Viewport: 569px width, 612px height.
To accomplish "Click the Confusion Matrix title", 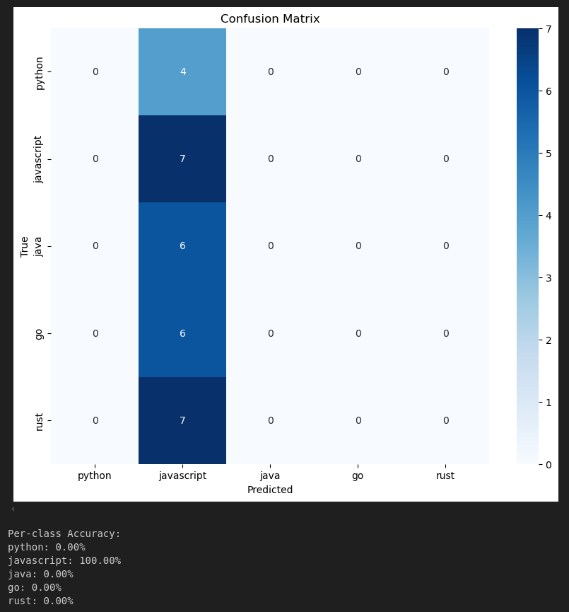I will pyautogui.click(x=270, y=19).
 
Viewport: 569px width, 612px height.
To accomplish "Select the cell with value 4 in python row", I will pyautogui.click(x=182, y=71).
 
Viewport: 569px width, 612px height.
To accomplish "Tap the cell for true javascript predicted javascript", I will pyautogui.click(x=182, y=158).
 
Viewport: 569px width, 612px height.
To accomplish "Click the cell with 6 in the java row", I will pyautogui.click(x=182, y=246).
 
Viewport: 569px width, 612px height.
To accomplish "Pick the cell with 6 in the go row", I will pyautogui.click(x=182, y=333).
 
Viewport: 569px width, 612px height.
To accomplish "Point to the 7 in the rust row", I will pyautogui.click(x=182, y=420).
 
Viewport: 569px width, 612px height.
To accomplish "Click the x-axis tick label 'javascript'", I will pyautogui.click(x=182, y=475).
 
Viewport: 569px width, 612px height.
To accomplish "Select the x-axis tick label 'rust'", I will pyautogui.click(x=445, y=475).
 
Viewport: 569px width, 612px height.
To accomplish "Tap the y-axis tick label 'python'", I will pyautogui.click(x=40, y=72).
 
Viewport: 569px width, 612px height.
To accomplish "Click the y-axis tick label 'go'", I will pyautogui.click(x=40, y=333).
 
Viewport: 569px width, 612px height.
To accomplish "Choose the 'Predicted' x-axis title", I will pyautogui.click(x=270, y=490).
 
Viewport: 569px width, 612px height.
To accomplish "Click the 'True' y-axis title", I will pyautogui.click(x=25, y=246).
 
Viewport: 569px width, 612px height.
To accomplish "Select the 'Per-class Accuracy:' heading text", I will pyautogui.click(x=64, y=533).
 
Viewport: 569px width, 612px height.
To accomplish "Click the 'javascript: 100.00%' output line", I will pyautogui.click(x=64, y=560).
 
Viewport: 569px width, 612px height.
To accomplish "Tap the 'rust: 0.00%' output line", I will pyautogui.click(x=40, y=601).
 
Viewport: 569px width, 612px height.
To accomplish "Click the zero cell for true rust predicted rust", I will pyautogui.click(x=445, y=420).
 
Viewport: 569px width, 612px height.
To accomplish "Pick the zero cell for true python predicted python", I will pyautogui.click(x=95, y=71).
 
